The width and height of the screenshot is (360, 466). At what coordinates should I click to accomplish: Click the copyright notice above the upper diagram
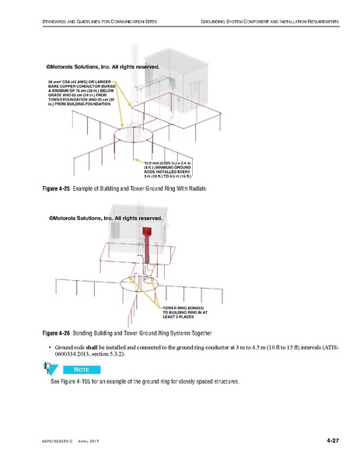(x=103, y=67)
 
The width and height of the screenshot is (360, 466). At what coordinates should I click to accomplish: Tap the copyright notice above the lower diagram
(x=104, y=219)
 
